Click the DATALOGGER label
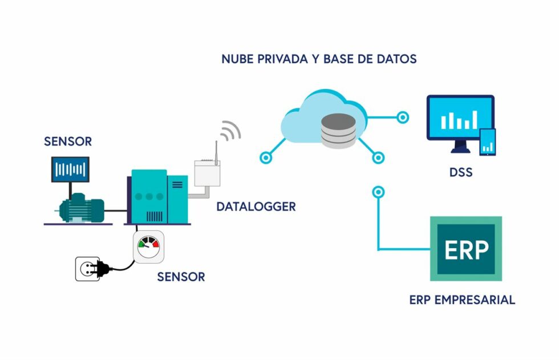point(256,207)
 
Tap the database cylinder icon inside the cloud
point(337,130)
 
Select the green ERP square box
point(465,248)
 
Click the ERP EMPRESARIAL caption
point(462,300)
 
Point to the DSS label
point(460,171)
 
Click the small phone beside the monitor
point(487,141)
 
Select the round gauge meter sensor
point(148,246)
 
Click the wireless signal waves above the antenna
point(230,131)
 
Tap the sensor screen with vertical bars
point(70,169)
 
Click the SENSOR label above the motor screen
point(68,141)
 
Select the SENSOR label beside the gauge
point(181,277)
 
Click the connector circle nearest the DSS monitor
point(403,118)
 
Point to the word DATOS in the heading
point(395,59)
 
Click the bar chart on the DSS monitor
point(459,119)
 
